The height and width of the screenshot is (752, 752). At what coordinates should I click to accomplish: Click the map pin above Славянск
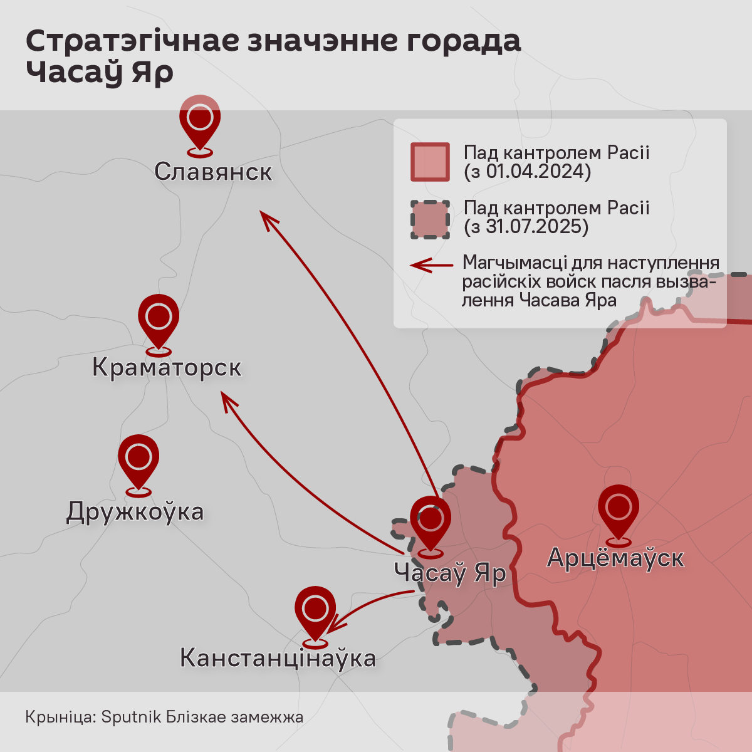(x=200, y=122)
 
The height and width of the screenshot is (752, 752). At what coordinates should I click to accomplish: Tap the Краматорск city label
(x=167, y=367)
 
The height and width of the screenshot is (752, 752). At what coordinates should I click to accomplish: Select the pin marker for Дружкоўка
(x=138, y=460)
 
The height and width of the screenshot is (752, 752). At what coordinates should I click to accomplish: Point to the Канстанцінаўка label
(x=278, y=658)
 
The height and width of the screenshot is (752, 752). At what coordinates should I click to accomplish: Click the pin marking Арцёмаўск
(x=619, y=510)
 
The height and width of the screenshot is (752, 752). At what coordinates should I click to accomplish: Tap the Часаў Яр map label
(x=450, y=573)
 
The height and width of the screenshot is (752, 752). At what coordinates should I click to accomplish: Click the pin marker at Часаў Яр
(x=431, y=523)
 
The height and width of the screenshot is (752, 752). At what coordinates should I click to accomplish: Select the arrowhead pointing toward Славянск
(x=267, y=219)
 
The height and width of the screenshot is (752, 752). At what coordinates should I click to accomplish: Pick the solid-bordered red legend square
(x=430, y=162)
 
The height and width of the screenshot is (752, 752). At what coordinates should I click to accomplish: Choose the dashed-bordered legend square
(x=430, y=219)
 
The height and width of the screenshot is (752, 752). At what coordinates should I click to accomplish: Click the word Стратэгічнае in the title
(x=133, y=41)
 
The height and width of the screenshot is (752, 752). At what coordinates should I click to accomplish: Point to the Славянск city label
(x=213, y=172)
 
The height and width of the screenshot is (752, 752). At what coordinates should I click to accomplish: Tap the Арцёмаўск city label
(x=615, y=557)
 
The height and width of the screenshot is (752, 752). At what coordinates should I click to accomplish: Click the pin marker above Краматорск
(x=159, y=319)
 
